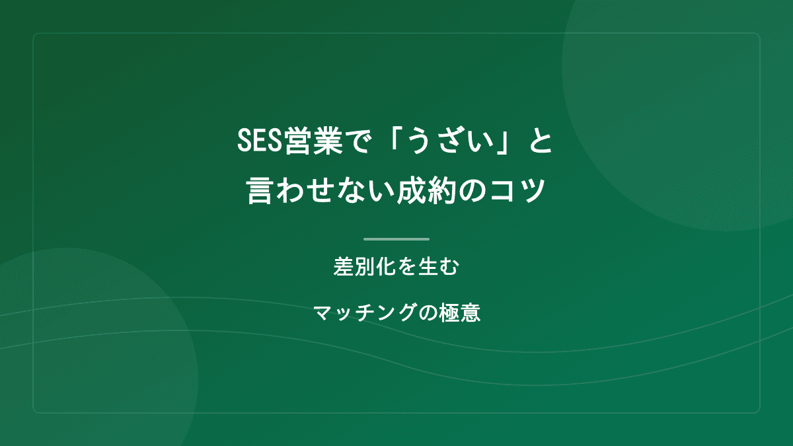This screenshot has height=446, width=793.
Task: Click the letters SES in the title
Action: point(260,141)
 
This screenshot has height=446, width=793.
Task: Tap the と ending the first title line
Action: point(541,141)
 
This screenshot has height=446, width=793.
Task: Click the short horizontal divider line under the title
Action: point(397,239)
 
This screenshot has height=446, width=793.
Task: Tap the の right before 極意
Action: point(426,311)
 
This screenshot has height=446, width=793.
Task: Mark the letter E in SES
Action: point(260,141)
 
